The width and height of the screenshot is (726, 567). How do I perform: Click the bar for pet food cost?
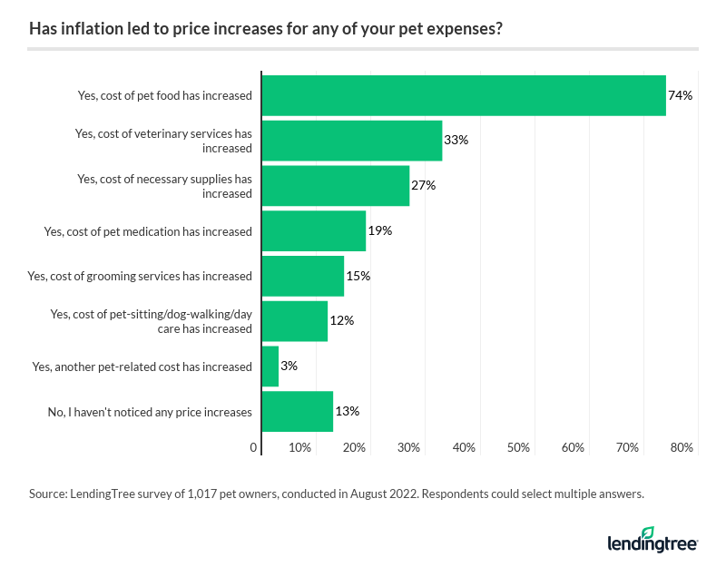[x=463, y=95]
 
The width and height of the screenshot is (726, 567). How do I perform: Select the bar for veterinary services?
[x=351, y=141]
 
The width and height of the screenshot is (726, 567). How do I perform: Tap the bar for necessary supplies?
[x=335, y=186]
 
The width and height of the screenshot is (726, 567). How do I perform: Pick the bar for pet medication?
[x=313, y=230]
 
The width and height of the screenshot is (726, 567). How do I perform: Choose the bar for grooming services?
[x=302, y=276]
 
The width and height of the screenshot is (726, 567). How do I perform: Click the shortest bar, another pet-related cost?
[x=270, y=367]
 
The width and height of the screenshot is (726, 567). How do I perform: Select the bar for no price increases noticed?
[x=297, y=411]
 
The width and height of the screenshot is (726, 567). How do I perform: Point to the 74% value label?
[x=681, y=95]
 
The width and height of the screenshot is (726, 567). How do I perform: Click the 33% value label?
[x=456, y=141]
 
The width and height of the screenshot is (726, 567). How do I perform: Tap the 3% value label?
[x=289, y=367]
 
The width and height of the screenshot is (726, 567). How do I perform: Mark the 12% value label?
[x=342, y=321]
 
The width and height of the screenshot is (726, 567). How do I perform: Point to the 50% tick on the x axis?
[x=519, y=447]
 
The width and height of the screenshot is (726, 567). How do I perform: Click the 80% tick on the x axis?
[x=682, y=447]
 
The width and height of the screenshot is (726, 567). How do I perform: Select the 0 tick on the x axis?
[x=253, y=447]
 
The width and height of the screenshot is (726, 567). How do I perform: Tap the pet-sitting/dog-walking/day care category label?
[x=151, y=321]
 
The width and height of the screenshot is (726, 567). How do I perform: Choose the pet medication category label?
[x=148, y=231]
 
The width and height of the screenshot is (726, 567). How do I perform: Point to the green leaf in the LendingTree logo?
[x=648, y=533]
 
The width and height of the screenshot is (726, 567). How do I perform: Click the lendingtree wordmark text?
[x=652, y=544]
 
